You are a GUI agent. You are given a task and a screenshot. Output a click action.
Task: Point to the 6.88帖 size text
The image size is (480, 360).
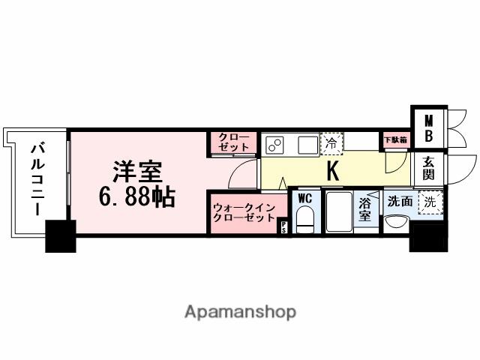pos(136,198)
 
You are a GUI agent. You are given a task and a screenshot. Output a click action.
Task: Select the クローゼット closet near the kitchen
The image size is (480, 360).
pos(233,142)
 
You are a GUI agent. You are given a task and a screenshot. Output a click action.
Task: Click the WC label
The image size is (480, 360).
pos(304,199)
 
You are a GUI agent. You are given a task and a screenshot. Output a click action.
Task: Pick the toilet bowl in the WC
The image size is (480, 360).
pos(304,220)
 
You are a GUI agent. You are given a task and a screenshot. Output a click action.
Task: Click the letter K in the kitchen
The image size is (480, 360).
pos(333,172)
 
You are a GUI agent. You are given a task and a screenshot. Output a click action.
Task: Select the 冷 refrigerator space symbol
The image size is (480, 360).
pos(331,142)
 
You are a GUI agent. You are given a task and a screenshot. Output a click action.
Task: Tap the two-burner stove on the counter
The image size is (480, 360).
pos(274,142)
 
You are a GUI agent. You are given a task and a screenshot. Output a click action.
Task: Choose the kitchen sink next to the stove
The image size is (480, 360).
pos(307,142)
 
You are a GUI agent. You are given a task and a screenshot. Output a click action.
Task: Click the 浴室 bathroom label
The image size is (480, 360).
pos(366,209)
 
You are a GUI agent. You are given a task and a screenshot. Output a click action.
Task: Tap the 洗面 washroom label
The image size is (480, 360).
pos(399,201)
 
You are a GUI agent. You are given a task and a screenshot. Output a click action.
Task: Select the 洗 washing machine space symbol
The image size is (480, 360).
pos(429,201)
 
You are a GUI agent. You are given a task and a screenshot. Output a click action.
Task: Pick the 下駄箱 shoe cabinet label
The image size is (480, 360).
pos(395,139)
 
